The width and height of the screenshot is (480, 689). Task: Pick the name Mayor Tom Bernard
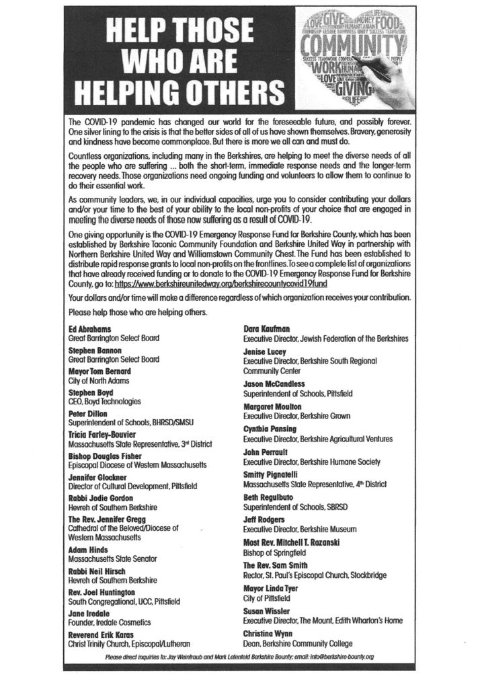point(98,370)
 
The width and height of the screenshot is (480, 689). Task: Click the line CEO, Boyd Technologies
point(105,401)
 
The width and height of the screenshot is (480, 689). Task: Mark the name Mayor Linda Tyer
point(271,587)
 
